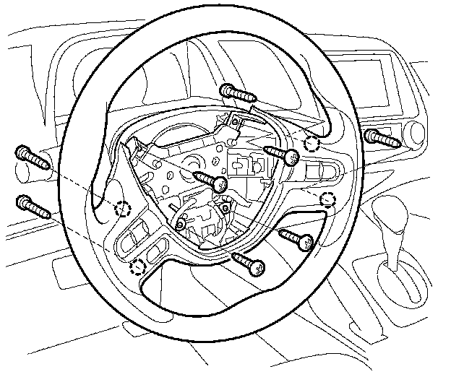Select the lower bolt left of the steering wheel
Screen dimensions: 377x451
pos(33,206)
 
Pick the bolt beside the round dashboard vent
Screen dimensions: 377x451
pos(381,136)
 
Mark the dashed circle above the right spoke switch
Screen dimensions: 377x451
pos(312,142)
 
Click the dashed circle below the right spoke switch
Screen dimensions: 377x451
pos(328,200)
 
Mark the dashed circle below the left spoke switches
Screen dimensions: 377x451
pos(136,268)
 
